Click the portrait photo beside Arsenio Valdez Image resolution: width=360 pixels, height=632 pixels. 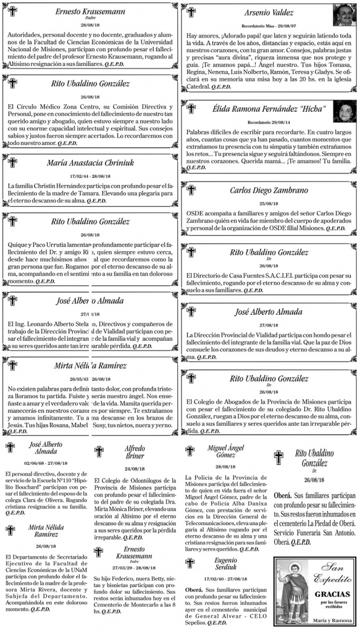(343, 15)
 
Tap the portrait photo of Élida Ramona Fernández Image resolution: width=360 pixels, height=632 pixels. (343, 110)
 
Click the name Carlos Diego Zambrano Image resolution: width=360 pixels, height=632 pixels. (269, 190)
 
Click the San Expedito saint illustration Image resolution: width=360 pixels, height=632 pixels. (290, 599)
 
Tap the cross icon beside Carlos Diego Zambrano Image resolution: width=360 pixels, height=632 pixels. (191, 191)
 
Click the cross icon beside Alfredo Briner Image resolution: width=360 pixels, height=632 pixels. (99, 452)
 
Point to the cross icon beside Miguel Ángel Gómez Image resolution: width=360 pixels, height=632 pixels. (191, 451)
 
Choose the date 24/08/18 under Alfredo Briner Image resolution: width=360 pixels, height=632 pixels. (134, 468)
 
